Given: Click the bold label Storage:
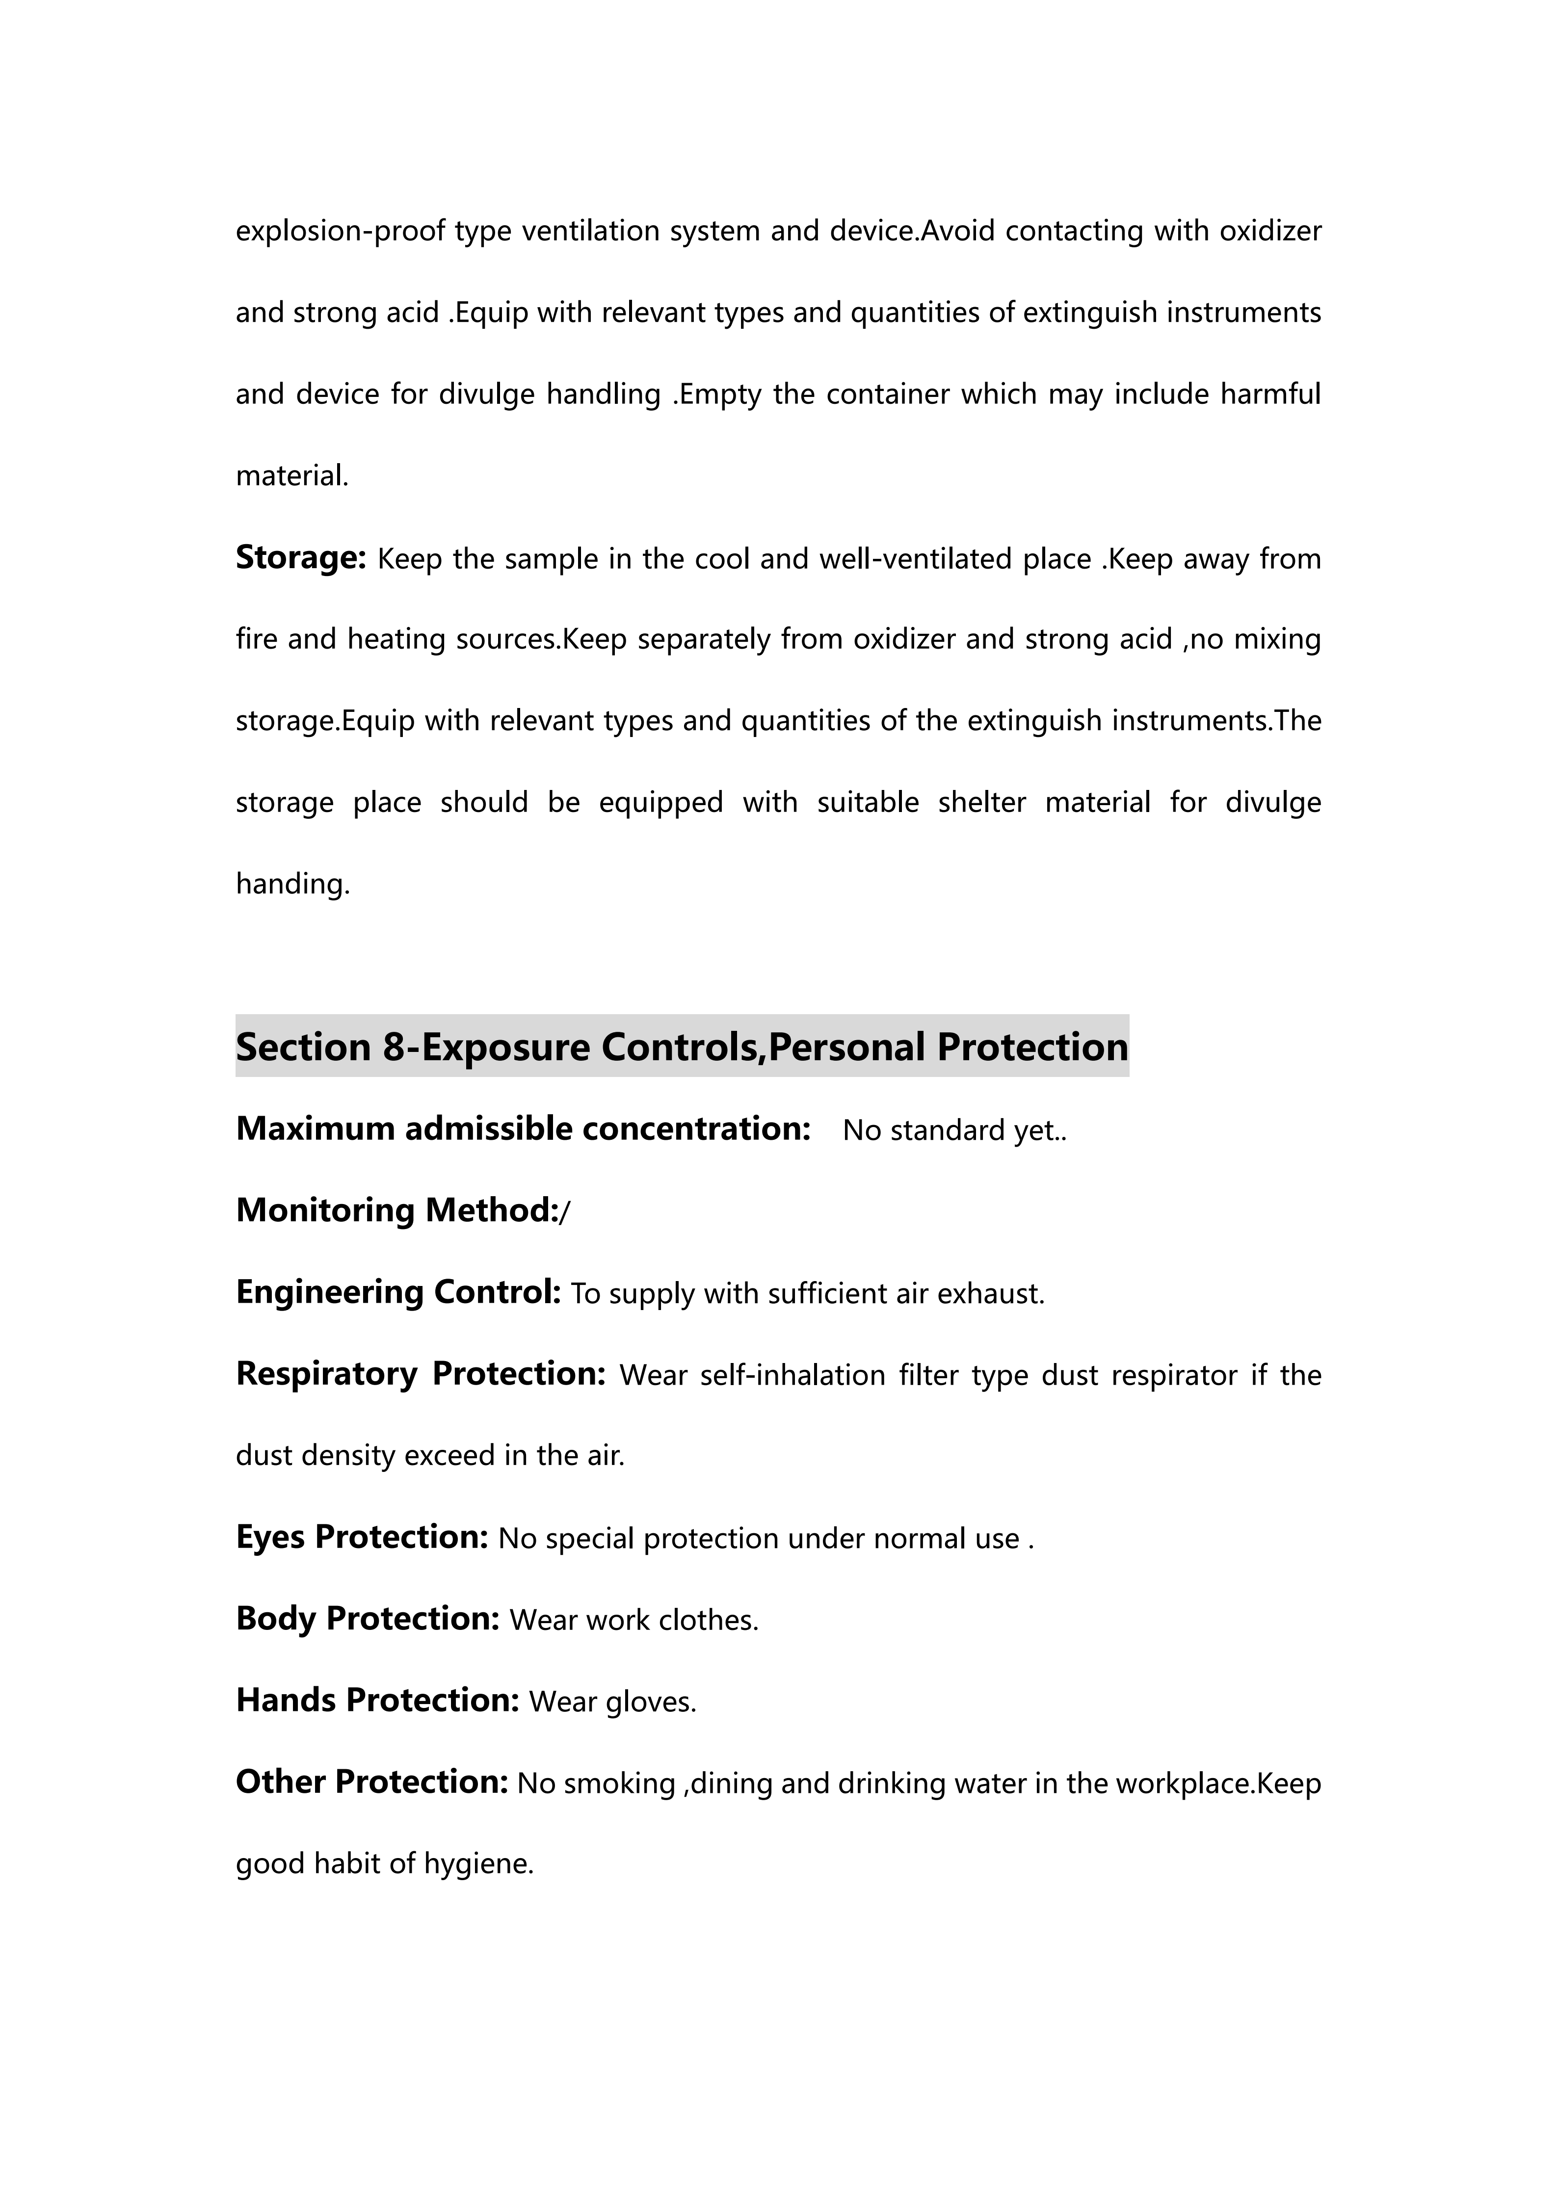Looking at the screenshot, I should pos(300,557).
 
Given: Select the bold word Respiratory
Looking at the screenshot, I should pos(326,1374).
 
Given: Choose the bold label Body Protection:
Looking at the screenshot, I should pos(368,1619).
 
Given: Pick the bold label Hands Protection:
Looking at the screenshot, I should pos(377,1700).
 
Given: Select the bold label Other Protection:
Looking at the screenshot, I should pos(371,1782).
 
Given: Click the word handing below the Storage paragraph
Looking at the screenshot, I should pos(292,884).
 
